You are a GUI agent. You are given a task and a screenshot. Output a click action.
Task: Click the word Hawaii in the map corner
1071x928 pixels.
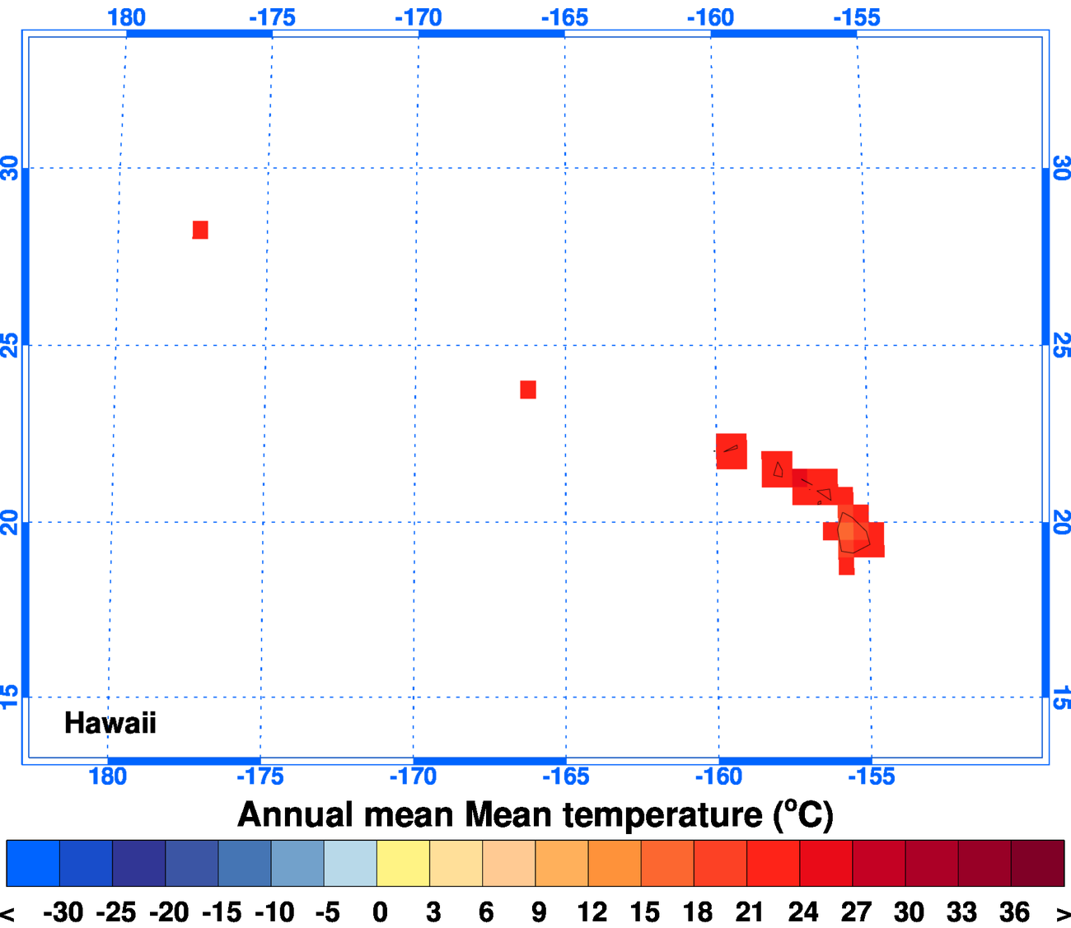pyautogui.click(x=110, y=723)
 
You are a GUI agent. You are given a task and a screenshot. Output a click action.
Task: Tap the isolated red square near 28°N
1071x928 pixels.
pyautogui.click(x=200, y=230)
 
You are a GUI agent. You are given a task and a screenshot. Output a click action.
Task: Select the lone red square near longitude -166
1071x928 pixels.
pyautogui.click(x=528, y=389)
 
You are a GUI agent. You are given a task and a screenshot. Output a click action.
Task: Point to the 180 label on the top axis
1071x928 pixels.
pyautogui.click(x=126, y=17)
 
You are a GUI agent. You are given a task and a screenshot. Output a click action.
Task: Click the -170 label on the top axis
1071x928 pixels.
pyautogui.click(x=418, y=17)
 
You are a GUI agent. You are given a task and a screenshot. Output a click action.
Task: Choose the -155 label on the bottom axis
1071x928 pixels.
pyautogui.click(x=870, y=776)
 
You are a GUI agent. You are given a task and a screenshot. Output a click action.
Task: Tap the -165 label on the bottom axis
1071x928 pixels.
pyautogui.click(x=565, y=776)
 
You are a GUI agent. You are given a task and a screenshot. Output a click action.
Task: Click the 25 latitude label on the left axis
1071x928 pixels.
pyautogui.click(x=10, y=345)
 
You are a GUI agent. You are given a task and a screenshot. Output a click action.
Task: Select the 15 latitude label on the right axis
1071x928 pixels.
pyautogui.click(x=1061, y=697)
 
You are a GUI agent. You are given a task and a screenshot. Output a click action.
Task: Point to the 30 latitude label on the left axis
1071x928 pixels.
pyautogui.click(x=10, y=168)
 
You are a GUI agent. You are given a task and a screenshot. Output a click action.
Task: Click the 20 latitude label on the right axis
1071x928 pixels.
pyautogui.click(x=1061, y=522)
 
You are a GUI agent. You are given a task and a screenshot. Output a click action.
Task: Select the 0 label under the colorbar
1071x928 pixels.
pyautogui.click(x=380, y=912)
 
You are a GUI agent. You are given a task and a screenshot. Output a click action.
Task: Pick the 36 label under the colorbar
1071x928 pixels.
pyautogui.click(x=1014, y=912)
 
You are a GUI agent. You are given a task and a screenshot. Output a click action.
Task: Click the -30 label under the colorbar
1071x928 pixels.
pyautogui.click(x=63, y=912)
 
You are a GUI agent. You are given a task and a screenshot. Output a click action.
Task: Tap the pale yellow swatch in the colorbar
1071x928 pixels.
pyautogui.click(x=403, y=863)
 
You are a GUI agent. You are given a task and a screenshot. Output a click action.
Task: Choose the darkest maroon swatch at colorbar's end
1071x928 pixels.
pyautogui.click(x=1037, y=863)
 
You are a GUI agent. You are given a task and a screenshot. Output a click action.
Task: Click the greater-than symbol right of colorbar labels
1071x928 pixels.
pyautogui.click(x=1062, y=913)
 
